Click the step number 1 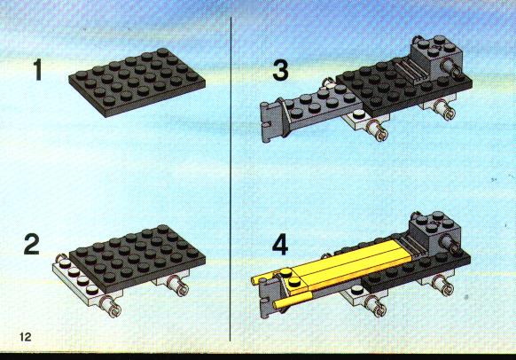pos(38,69)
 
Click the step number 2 pos(32,244)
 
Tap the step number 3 pos(280,70)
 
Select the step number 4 pos(280,245)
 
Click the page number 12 pos(26,337)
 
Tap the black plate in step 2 pos(137,259)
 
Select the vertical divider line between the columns pos(231,179)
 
